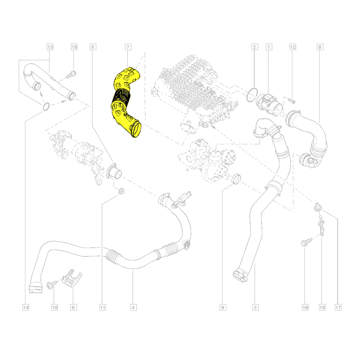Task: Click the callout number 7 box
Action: pos(128,47)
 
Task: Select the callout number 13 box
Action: pos(50,47)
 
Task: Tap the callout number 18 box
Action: pos(74,47)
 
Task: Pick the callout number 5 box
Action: pos(93,47)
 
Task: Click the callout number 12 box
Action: pos(293,47)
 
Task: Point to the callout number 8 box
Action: pos(320,47)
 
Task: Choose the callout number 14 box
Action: pos(26,307)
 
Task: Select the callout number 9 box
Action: pos(223,307)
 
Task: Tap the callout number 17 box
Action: pos(338,307)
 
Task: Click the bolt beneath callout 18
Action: pos(71,75)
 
